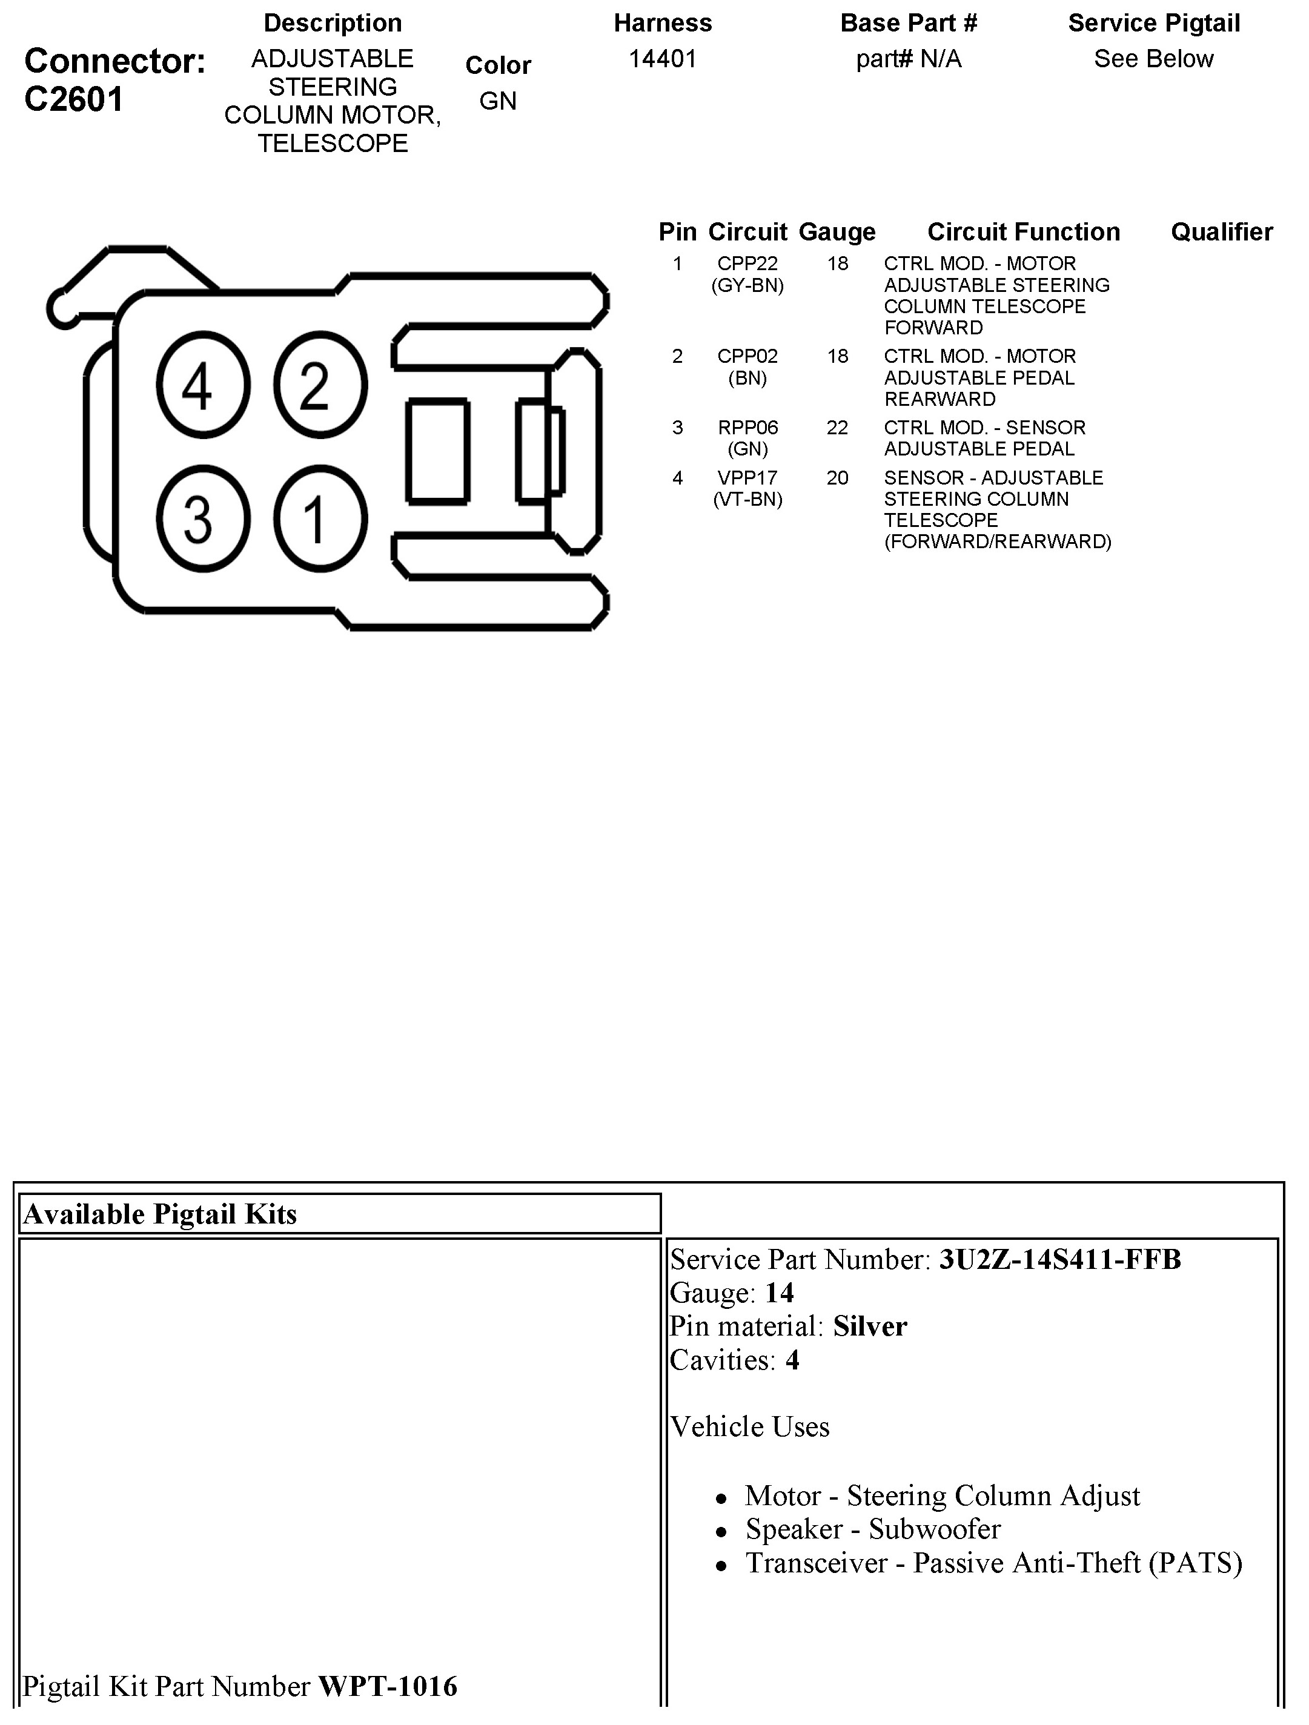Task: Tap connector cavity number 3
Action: tap(203, 518)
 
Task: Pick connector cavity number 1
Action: tap(320, 518)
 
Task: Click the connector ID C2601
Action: tap(74, 100)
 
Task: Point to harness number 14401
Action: tap(662, 59)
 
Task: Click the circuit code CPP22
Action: tap(747, 263)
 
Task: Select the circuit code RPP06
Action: tap(747, 428)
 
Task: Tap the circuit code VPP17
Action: tap(747, 477)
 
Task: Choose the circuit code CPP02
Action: tap(747, 356)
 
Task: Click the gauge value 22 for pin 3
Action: tap(837, 428)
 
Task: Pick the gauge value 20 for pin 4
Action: tap(837, 477)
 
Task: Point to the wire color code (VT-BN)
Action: tap(747, 499)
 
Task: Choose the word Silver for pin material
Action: tap(870, 1326)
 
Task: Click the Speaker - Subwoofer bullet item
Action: tap(872, 1529)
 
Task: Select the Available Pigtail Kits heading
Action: tap(160, 1214)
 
